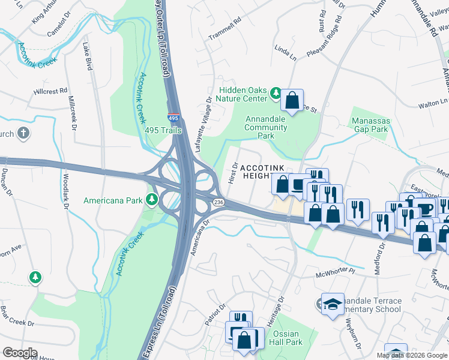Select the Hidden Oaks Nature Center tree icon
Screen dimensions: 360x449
tap(276, 93)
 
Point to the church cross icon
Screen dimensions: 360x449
tap(23, 133)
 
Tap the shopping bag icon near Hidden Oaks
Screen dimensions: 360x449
tap(292, 101)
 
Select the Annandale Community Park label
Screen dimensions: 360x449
tap(266, 127)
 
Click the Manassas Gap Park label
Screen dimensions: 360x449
tap(370, 125)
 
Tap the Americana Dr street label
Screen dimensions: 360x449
tap(199, 238)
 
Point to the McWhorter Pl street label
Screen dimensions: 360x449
tap(337, 276)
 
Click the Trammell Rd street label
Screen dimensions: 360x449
tap(224, 36)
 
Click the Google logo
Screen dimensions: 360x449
tap(20, 353)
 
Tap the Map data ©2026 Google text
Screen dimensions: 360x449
tap(412, 355)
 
